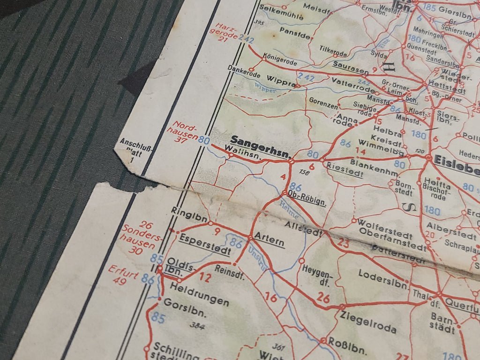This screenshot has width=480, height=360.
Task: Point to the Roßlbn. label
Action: (347, 345)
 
